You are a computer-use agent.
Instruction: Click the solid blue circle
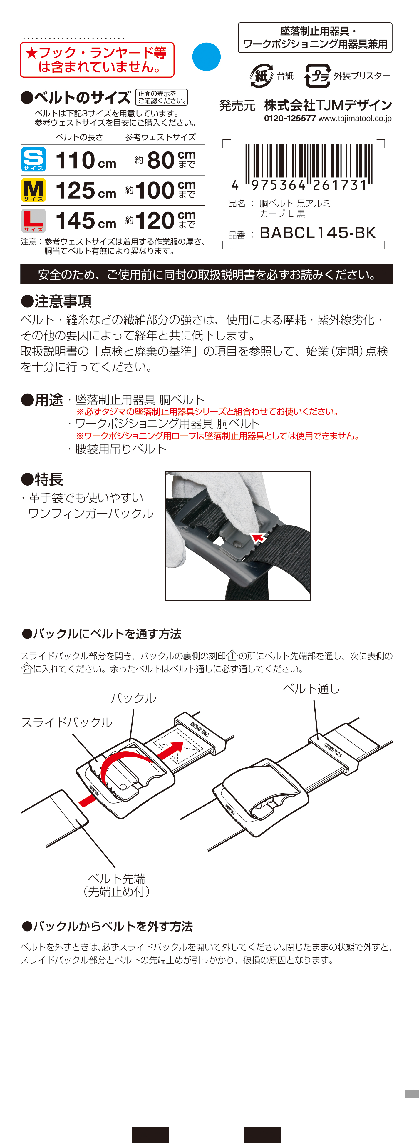pos(206,57)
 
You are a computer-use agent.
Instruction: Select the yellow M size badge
pos(33,190)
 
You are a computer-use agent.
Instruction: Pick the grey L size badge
pos(33,221)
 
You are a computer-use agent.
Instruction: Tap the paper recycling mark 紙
pos(261,76)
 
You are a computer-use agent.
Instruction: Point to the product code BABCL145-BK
pos(317,233)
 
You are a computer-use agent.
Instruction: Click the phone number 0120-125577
pos(290,119)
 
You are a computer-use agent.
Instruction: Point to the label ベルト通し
pos(311,689)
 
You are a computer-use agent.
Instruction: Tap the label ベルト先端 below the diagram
pos(117,878)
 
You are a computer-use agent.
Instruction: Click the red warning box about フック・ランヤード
pos(97,60)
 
